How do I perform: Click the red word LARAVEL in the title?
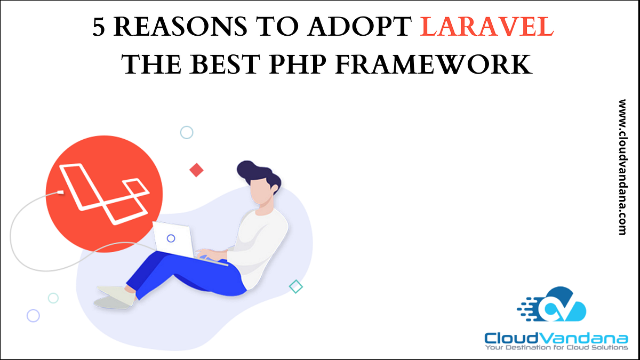[x=486, y=28]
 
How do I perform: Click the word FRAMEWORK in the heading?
[x=433, y=65]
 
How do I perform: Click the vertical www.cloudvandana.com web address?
[x=622, y=167]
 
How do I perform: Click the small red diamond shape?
[x=196, y=170]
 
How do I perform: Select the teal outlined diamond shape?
[x=295, y=286]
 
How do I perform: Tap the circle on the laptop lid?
[x=171, y=238]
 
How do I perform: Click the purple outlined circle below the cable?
[x=33, y=316]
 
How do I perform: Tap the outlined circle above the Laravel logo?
[x=186, y=132]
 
